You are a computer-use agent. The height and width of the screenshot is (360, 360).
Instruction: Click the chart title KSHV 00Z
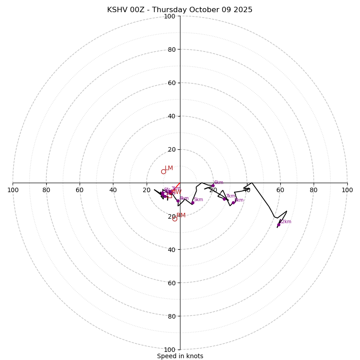tap(180, 10)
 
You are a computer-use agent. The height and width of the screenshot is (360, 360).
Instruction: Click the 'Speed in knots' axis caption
tap(180, 356)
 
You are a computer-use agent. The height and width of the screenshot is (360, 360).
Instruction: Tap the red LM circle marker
tap(163, 171)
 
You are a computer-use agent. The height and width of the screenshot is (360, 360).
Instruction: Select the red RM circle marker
tap(175, 219)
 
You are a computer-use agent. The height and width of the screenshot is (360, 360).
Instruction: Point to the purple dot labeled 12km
tap(279, 225)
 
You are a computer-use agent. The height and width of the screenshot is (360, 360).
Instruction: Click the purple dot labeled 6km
tap(213, 185)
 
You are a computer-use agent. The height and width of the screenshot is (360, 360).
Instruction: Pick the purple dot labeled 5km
tap(193, 202)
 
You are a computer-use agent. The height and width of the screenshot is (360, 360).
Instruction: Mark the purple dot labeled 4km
tap(178, 201)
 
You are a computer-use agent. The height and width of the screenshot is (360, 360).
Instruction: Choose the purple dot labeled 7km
tap(224, 199)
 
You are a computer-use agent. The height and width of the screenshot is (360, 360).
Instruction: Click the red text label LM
tap(169, 168)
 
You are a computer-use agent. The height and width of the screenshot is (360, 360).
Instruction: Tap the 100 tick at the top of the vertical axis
tap(170, 17)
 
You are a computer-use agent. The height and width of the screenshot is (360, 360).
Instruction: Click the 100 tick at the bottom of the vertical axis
tap(170, 350)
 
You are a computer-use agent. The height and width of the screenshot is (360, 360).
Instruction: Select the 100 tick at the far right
tap(347, 190)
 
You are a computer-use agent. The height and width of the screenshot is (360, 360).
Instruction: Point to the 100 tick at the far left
tap(13, 190)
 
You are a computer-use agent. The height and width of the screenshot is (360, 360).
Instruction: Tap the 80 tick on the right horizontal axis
tap(314, 190)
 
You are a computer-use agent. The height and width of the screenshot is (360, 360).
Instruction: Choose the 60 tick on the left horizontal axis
tap(80, 190)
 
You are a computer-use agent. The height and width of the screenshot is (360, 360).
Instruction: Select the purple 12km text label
tap(285, 221)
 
